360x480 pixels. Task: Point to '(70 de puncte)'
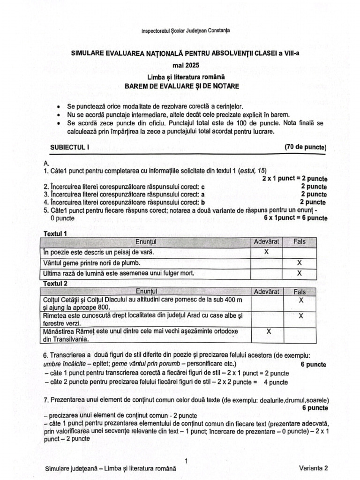pyautogui.click(x=305, y=147)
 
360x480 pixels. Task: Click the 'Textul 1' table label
pyautogui.click(x=55, y=233)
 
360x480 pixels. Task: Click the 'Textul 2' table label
pyautogui.click(x=55, y=284)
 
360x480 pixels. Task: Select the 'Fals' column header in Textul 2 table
pyautogui.click(x=300, y=292)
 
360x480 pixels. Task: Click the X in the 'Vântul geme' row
pyautogui.click(x=300, y=263)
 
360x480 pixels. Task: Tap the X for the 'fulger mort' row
pyautogui.click(x=300, y=273)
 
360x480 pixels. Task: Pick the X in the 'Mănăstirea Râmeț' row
pyautogui.click(x=269, y=331)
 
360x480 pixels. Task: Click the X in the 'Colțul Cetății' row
pyautogui.click(x=301, y=300)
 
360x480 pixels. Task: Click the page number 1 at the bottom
pyautogui.click(x=186, y=461)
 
